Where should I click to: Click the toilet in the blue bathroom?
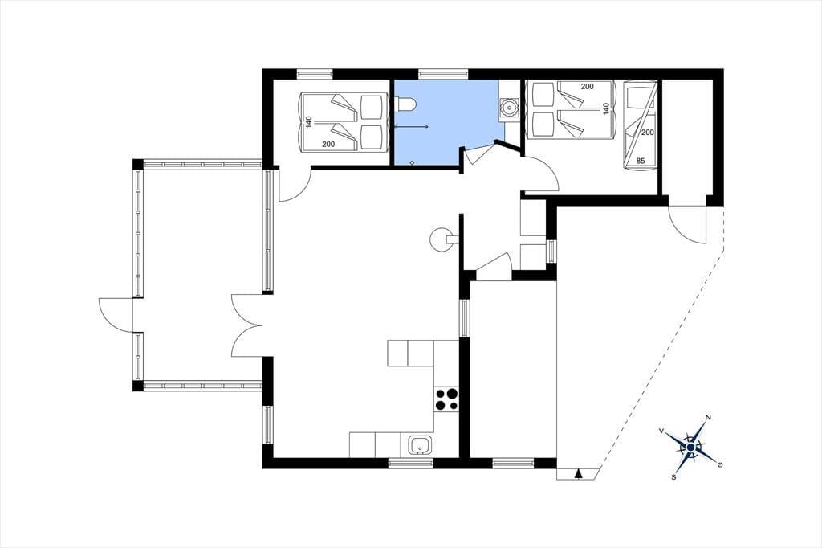point(405,104)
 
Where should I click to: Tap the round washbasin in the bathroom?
point(508,108)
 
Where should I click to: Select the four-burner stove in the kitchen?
point(446,399)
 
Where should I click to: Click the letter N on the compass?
point(708,417)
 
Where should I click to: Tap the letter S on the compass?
point(673,477)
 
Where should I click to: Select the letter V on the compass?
point(661,431)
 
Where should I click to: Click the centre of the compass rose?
point(690,447)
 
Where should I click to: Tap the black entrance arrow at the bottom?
point(578,474)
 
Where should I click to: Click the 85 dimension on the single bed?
point(640,162)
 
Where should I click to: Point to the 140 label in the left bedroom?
point(309,122)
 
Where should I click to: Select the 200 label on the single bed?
point(648,133)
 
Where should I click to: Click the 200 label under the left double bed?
point(328,145)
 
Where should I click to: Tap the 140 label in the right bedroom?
point(605,109)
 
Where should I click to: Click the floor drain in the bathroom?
point(413,162)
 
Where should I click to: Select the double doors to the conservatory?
point(246,325)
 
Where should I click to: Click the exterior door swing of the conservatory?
point(116,314)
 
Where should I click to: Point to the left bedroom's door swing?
point(295,184)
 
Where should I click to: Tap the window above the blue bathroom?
point(443,74)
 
